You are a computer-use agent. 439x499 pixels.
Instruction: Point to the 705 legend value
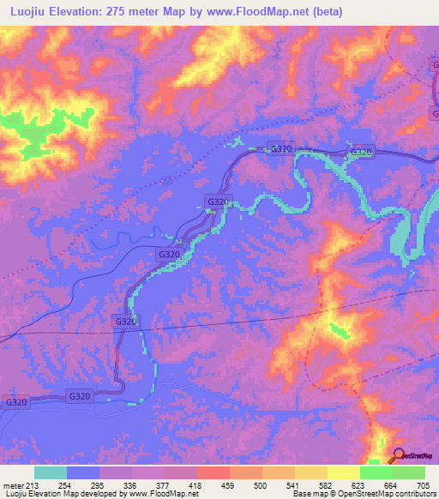pos(422,485)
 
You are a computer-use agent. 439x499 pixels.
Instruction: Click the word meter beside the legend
pos(12,485)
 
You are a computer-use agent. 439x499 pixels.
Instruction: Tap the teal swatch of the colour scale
pos(50,472)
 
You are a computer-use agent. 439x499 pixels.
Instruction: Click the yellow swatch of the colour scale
pos(343,472)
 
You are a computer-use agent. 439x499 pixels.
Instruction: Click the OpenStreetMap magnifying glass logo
pos(398,455)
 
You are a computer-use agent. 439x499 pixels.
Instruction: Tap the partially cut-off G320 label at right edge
pos(434,65)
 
